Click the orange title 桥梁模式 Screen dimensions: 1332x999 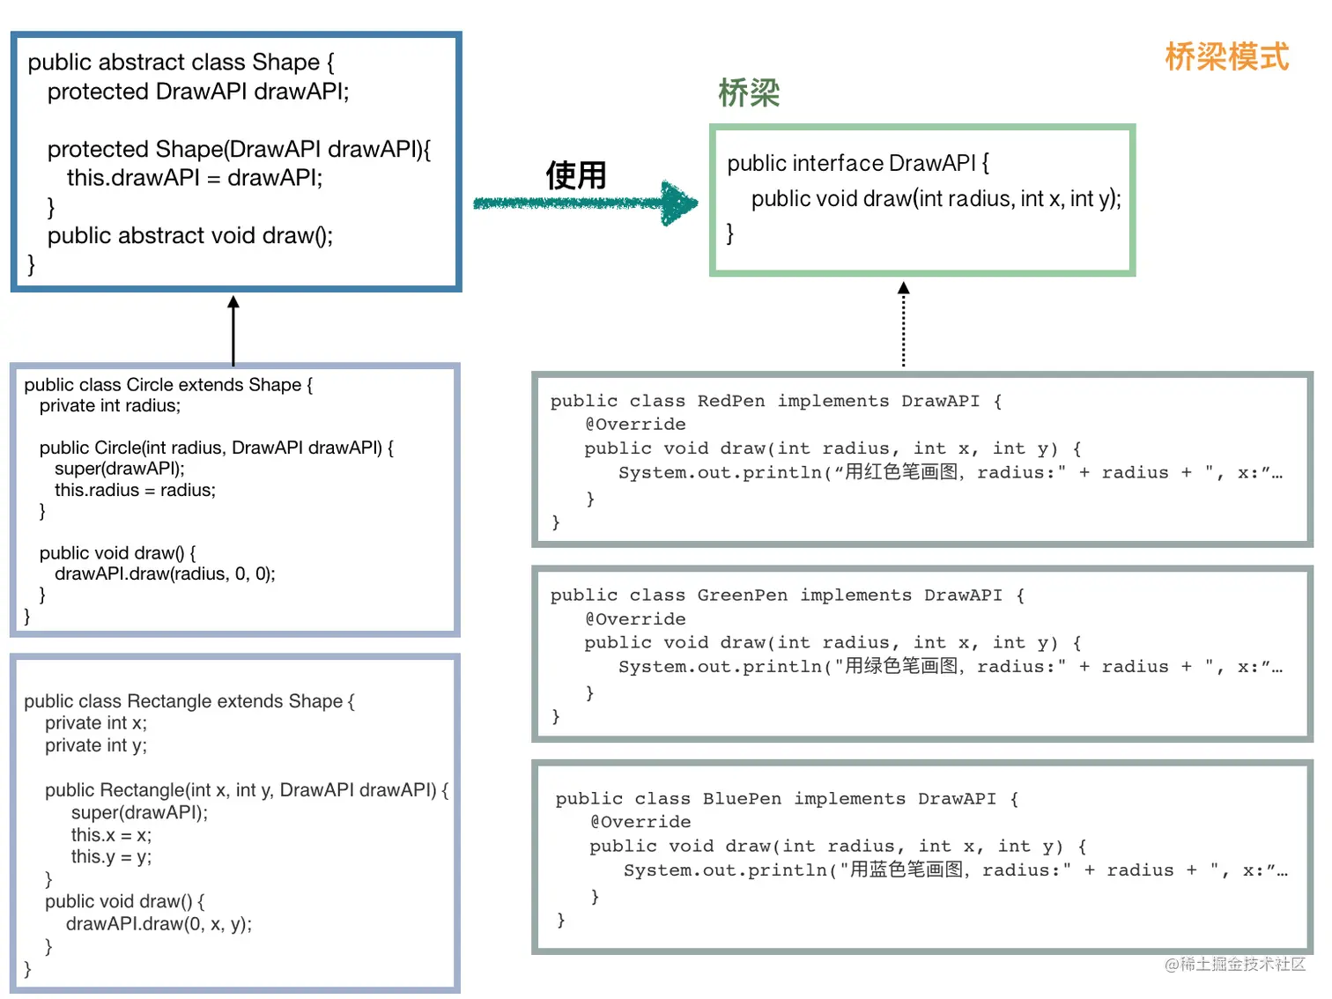pos(1226,57)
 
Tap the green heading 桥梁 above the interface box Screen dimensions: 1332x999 pos(749,92)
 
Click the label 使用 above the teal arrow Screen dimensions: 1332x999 pos(576,175)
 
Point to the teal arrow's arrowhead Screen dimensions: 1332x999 pos(679,203)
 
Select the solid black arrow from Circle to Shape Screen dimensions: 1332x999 pos(233,330)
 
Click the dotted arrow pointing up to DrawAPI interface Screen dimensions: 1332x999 pos(904,324)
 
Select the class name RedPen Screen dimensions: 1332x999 pos(731,401)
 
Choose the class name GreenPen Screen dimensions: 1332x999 pos(742,595)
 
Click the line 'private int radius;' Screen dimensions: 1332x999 pos(110,405)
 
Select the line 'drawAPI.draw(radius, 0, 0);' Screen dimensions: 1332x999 pos(165,573)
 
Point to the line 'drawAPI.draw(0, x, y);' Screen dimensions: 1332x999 pos(159,923)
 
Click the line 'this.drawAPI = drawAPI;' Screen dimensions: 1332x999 pos(195,178)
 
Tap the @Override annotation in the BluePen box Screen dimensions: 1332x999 pos(640,821)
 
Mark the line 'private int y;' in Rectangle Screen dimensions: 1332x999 pos(96,745)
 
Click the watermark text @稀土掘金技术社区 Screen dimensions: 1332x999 pos(1235,964)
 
